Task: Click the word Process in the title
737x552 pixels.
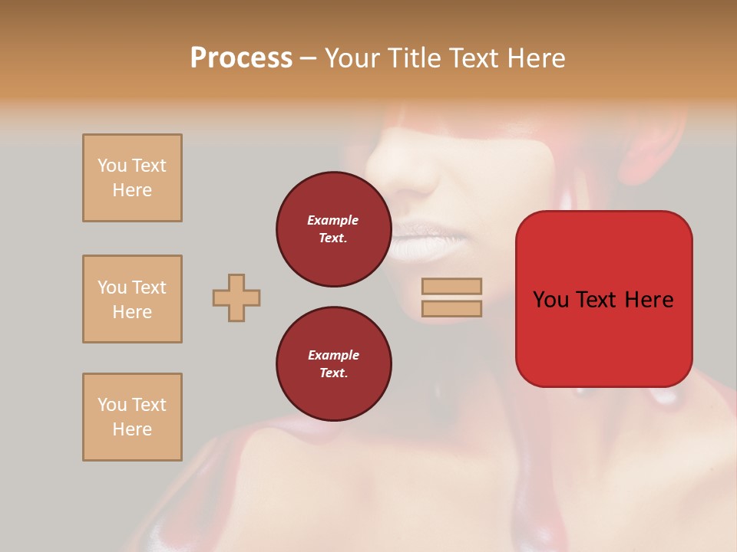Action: (241, 58)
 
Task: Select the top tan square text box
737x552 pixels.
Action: (132, 178)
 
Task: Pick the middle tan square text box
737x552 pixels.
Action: (132, 299)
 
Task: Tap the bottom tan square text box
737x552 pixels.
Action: (132, 417)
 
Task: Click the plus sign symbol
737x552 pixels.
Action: (236, 297)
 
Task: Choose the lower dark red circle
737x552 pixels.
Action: (333, 363)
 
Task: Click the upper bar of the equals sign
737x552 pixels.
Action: (452, 286)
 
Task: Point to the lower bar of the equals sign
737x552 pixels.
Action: (452, 308)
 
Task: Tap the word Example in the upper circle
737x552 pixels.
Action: (332, 220)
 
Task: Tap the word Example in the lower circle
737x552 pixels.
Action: (333, 355)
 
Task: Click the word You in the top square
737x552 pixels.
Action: (112, 166)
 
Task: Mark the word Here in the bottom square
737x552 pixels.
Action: (132, 429)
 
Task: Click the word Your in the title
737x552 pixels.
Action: (352, 58)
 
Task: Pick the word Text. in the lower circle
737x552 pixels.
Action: (333, 373)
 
